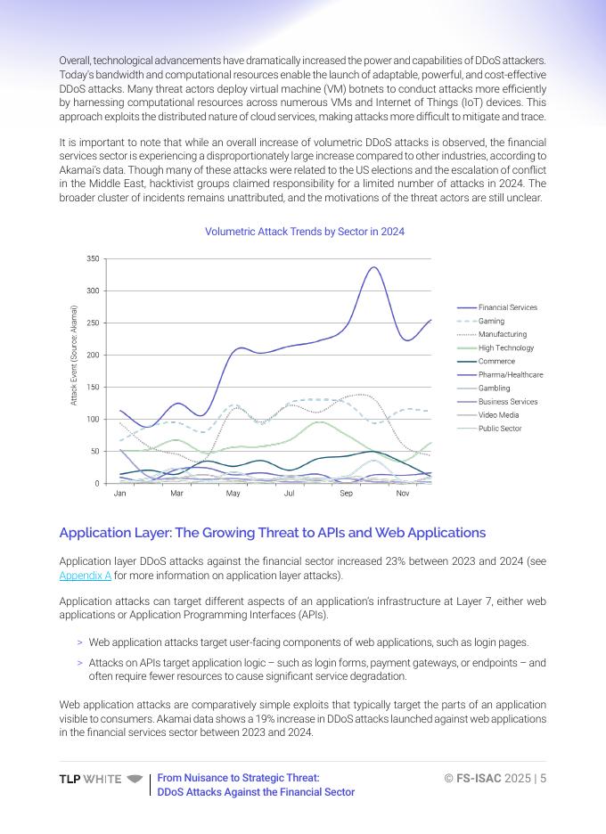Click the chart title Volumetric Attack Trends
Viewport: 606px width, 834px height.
(x=305, y=232)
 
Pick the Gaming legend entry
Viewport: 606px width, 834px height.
(x=491, y=321)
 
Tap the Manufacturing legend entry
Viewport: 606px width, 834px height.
(x=502, y=334)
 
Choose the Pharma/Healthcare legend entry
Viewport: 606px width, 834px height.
(x=510, y=375)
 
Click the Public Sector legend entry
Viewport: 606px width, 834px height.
(x=499, y=429)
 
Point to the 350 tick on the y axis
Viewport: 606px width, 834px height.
(x=93, y=258)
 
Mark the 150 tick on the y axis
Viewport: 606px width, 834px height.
(x=93, y=388)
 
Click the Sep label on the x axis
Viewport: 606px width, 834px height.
(x=346, y=493)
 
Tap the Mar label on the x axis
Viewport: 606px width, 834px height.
(x=176, y=493)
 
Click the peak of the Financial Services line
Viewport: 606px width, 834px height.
(x=374, y=267)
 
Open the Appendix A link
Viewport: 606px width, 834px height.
(x=85, y=576)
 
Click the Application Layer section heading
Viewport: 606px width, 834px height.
(x=272, y=533)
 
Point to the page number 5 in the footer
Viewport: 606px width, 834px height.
(x=543, y=778)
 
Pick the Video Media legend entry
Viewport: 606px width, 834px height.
(x=499, y=415)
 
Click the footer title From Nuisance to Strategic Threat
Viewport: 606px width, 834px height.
(x=238, y=778)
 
